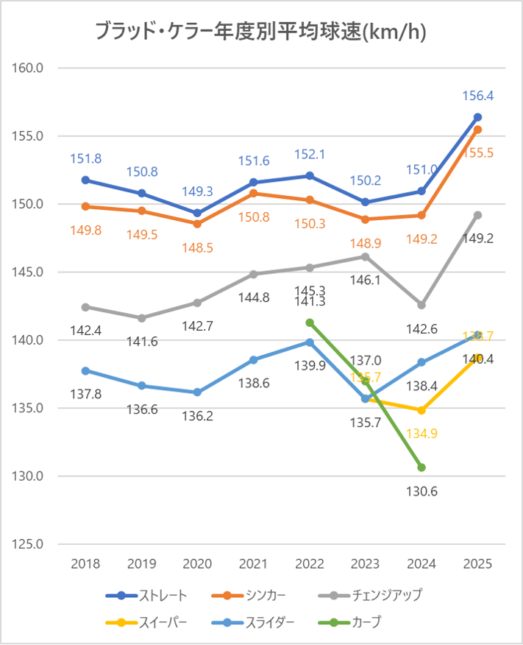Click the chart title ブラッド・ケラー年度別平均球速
point(261,32)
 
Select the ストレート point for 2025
point(477,117)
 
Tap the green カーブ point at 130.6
point(421,468)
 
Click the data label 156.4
point(477,96)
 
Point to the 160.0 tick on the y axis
point(29,68)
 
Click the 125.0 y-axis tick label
point(29,544)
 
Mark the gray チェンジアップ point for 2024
point(421,305)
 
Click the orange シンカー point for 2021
point(254,193)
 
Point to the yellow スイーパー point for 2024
point(421,410)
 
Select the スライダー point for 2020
point(197,392)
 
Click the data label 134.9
point(421,434)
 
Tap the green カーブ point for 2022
point(310,322)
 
